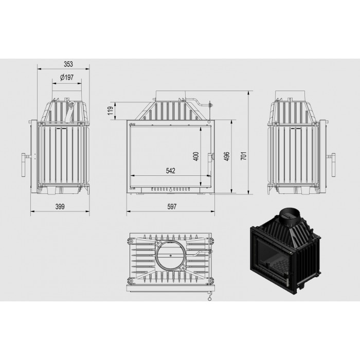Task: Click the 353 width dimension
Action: click(x=68, y=64)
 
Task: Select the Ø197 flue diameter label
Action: click(x=67, y=78)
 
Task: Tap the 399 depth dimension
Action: click(x=60, y=207)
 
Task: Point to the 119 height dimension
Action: click(x=111, y=111)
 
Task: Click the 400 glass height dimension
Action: click(x=196, y=156)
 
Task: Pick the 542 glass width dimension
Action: click(x=171, y=171)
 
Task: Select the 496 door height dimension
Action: click(x=227, y=156)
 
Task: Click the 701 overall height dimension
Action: click(x=244, y=156)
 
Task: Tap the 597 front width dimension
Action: click(x=172, y=207)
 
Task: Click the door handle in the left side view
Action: click(x=24, y=165)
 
